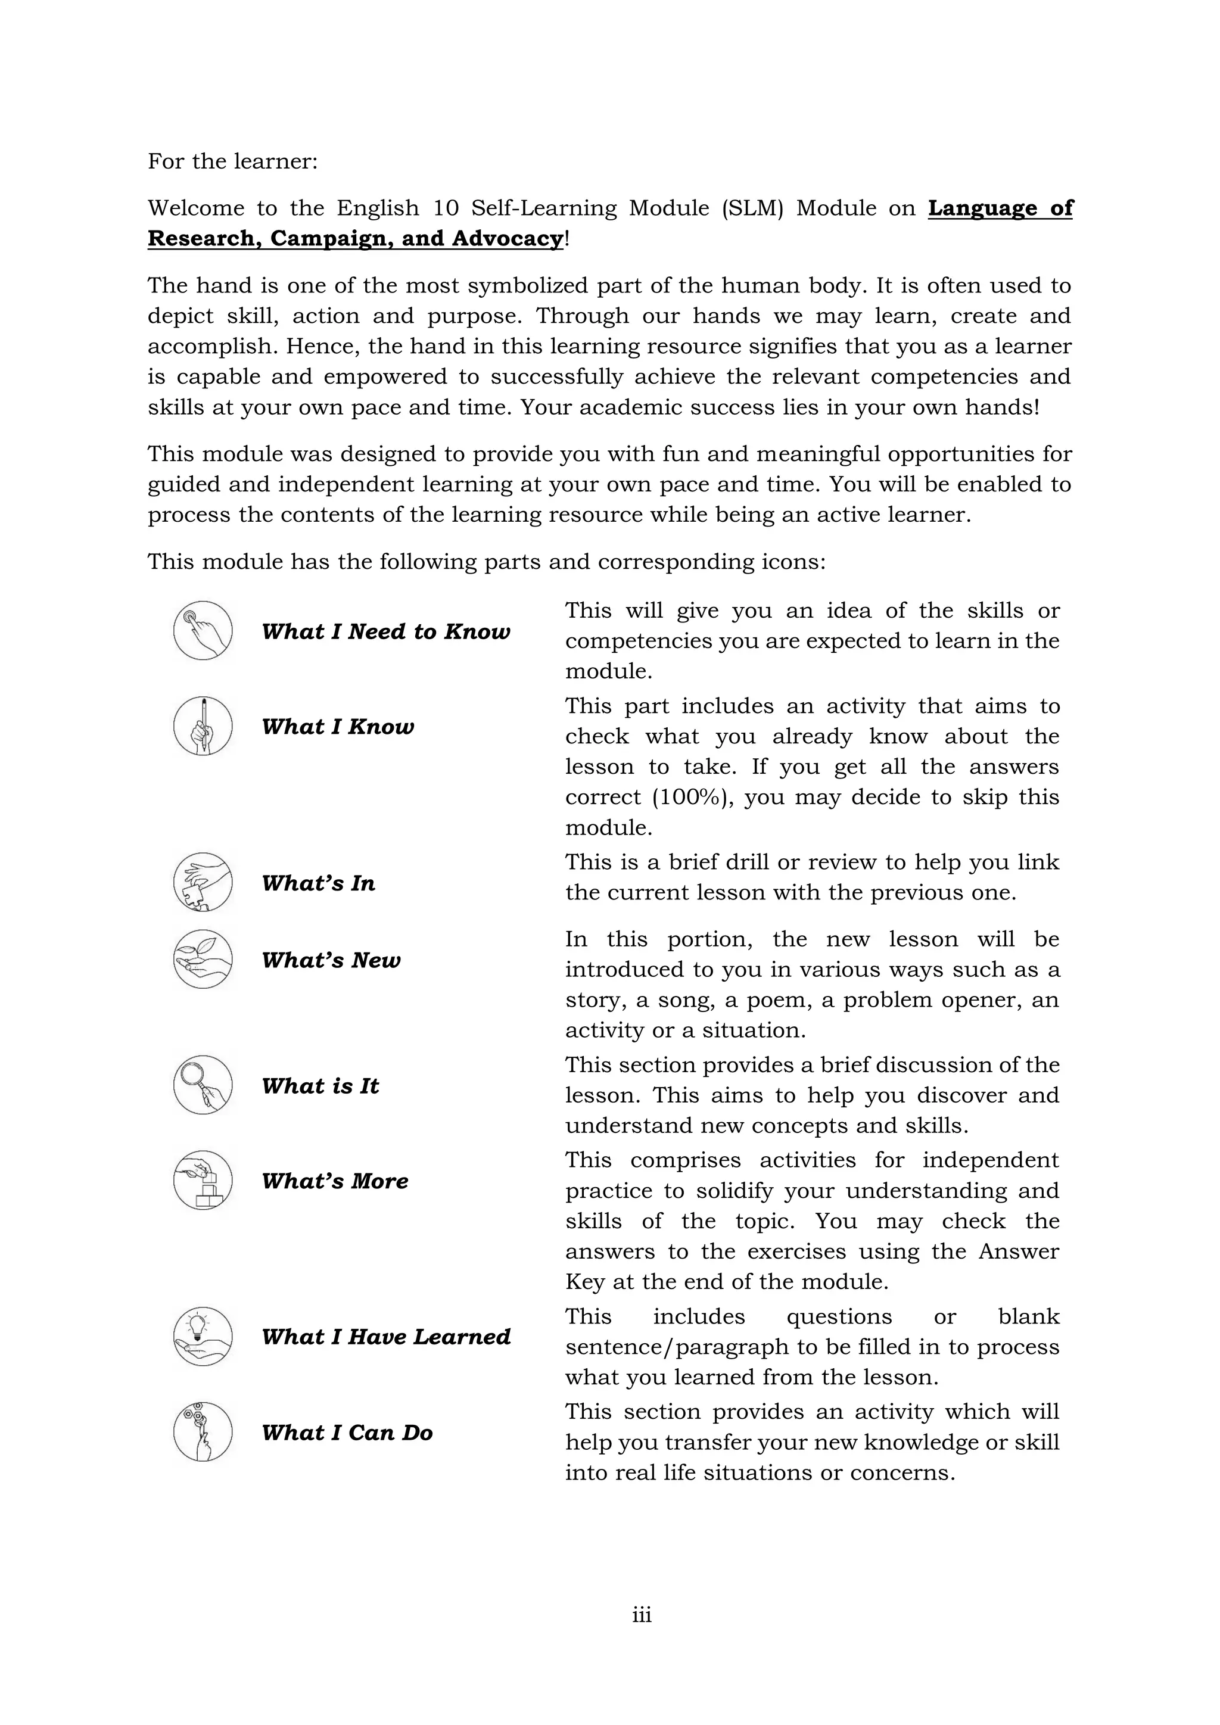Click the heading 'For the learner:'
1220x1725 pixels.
pyautogui.click(x=233, y=161)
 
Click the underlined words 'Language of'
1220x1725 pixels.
pyautogui.click(x=1000, y=208)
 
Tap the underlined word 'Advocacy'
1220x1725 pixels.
pyautogui.click(x=507, y=239)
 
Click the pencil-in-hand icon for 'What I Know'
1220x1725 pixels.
pyautogui.click(x=203, y=726)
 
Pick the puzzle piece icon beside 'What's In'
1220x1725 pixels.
pyautogui.click(x=203, y=882)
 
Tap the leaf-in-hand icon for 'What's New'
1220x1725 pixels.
pyautogui.click(x=203, y=960)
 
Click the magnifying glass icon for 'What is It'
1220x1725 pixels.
pyautogui.click(x=203, y=1085)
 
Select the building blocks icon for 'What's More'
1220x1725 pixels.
pyautogui.click(x=203, y=1181)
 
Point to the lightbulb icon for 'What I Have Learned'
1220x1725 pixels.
pyautogui.click(x=203, y=1336)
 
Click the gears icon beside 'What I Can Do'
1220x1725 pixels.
pyautogui.click(x=203, y=1431)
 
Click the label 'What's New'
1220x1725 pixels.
pyautogui.click(x=331, y=960)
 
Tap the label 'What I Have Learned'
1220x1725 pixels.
pyautogui.click(x=386, y=1337)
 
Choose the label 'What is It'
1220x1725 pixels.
pyautogui.click(x=320, y=1086)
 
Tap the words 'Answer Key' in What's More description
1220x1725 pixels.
pyautogui.click(x=1018, y=1251)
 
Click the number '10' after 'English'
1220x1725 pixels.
pyautogui.click(x=446, y=208)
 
